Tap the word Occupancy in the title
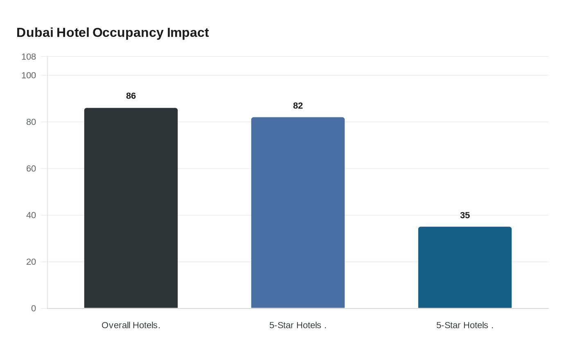pyautogui.click(x=129, y=33)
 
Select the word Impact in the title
pyautogui.click(x=188, y=32)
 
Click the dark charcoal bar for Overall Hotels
pyautogui.click(x=131, y=208)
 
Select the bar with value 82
pyautogui.click(x=298, y=213)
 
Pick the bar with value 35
pyautogui.click(x=465, y=268)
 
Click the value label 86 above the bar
pyautogui.click(x=131, y=96)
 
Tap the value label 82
pyautogui.click(x=298, y=106)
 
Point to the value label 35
pyautogui.click(x=465, y=215)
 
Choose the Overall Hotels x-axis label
pyautogui.click(x=131, y=325)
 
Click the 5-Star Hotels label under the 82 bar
pyautogui.click(x=298, y=325)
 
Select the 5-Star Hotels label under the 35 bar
pyautogui.click(x=465, y=325)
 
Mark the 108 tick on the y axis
pyautogui.click(x=29, y=56)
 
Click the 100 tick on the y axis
pyautogui.click(x=29, y=75)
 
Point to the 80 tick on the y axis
pyautogui.click(x=31, y=122)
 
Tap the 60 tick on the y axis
pyautogui.click(x=31, y=169)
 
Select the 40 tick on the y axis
pyautogui.click(x=31, y=215)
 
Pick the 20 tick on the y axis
pyautogui.click(x=31, y=262)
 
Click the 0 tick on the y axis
pyautogui.click(x=34, y=308)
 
